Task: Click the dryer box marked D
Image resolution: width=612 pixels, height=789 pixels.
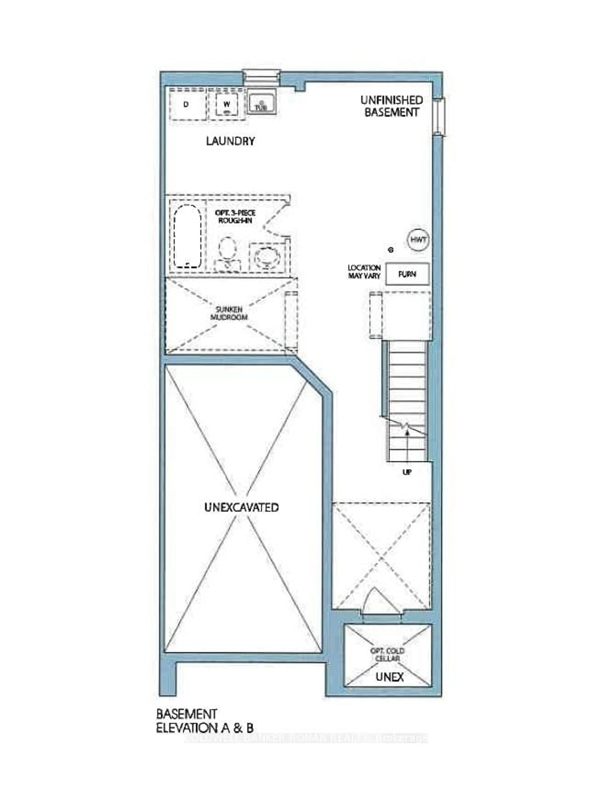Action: (186, 104)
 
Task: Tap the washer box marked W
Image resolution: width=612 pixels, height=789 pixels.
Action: (227, 104)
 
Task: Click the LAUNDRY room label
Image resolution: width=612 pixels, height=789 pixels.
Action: (230, 141)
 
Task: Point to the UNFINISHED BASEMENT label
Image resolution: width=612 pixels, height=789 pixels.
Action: (391, 106)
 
